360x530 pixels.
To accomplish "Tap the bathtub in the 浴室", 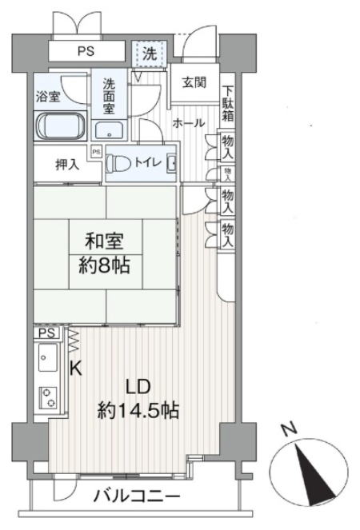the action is (x=61, y=126).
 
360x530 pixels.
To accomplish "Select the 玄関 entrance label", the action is (x=194, y=82).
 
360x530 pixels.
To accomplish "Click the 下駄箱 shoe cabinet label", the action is (x=228, y=104).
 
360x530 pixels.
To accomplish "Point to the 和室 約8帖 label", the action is (x=105, y=253).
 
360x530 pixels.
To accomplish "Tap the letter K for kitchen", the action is (x=76, y=368).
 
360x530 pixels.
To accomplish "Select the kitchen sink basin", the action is (x=48, y=357).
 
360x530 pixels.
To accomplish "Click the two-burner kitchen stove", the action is (x=48, y=397).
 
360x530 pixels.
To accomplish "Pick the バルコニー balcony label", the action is (x=137, y=497).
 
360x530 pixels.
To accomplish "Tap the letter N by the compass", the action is (x=290, y=429).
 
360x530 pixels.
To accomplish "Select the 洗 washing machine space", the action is (x=150, y=54).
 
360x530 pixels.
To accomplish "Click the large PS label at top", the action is (x=86, y=51).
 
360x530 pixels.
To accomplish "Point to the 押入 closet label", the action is (x=67, y=165).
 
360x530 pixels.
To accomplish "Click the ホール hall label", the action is (x=189, y=123).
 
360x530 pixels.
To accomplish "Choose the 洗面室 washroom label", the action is (x=109, y=96).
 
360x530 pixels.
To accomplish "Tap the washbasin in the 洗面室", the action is (x=109, y=130).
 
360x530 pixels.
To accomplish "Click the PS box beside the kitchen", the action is (x=46, y=333).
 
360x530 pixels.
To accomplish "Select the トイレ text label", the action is (x=147, y=162).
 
